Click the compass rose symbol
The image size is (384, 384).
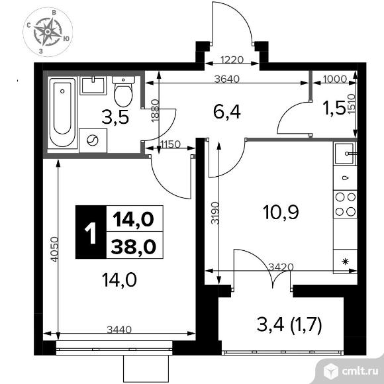[x=48, y=32]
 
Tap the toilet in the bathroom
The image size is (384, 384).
[x=123, y=91]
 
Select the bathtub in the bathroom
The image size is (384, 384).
[x=62, y=112]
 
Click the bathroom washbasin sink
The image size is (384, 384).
[x=93, y=85]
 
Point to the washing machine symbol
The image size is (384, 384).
[x=93, y=140]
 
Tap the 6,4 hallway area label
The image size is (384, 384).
[x=227, y=112]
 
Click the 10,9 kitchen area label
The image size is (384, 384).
[x=281, y=212]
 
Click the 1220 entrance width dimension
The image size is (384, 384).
[x=232, y=60]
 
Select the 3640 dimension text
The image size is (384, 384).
[x=226, y=79]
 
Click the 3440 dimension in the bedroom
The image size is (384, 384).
[x=119, y=330]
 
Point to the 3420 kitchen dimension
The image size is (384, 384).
[x=281, y=267]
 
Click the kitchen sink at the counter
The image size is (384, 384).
[x=345, y=154]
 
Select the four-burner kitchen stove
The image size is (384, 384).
[x=345, y=204]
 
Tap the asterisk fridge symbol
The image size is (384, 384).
[x=345, y=262]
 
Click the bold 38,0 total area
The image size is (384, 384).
[x=134, y=246]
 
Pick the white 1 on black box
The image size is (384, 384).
[x=91, y=232]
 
